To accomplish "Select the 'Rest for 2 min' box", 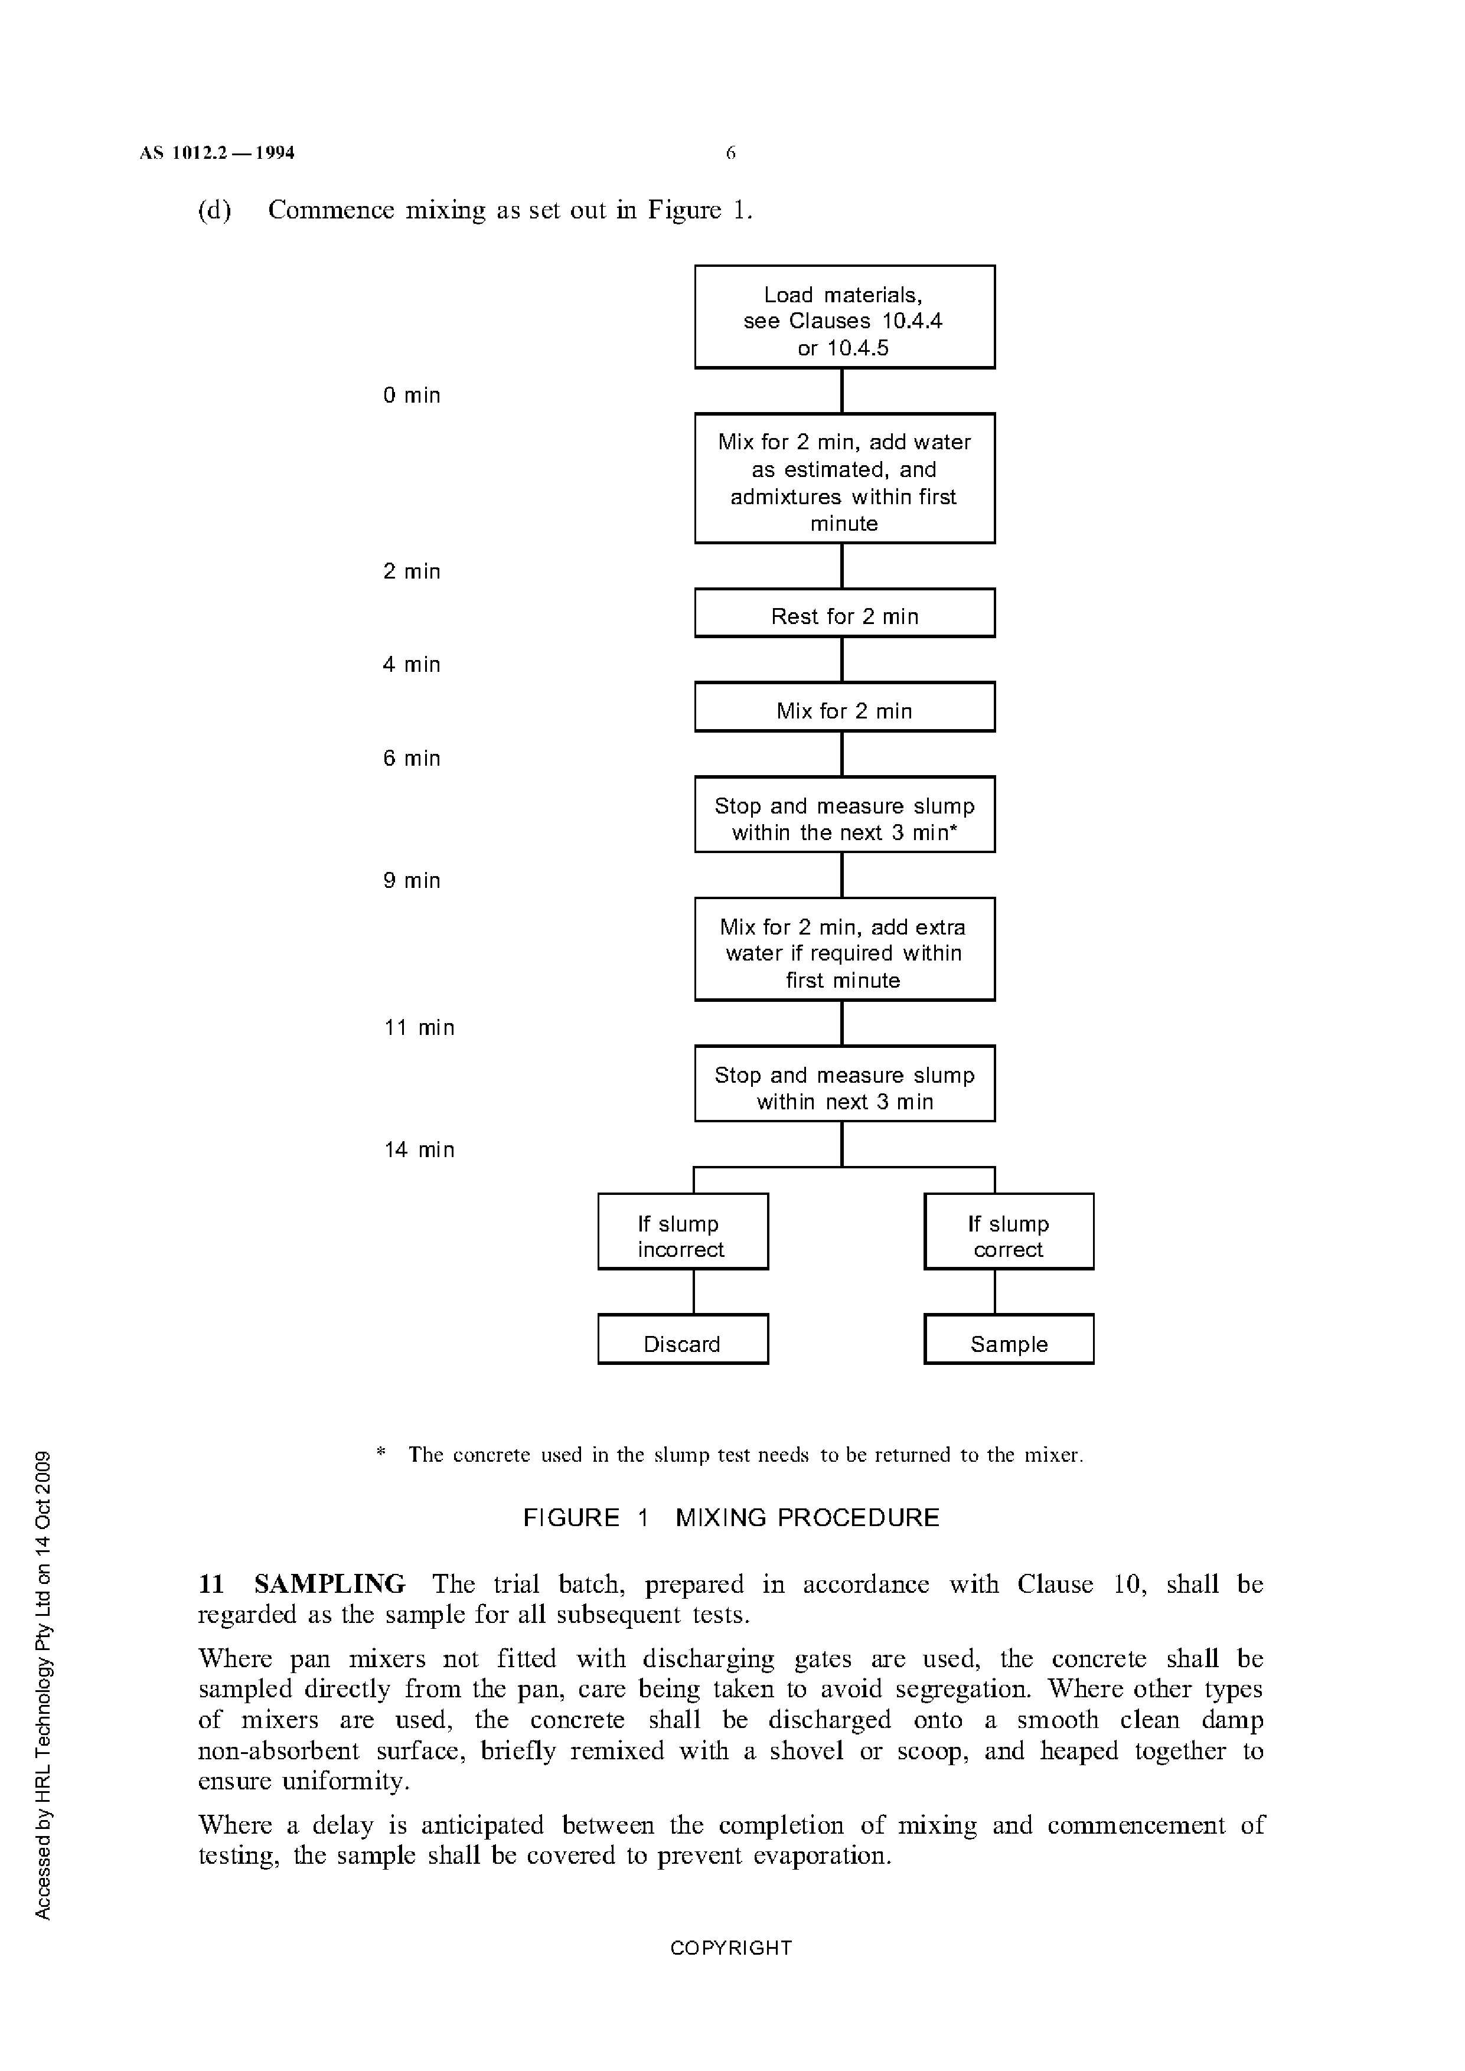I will pyautogui.click(x=844, y=613).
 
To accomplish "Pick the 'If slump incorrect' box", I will pyautogui.click(x=683, y=1232).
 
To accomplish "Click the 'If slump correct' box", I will pyautogui.click(x=1009, y=1232).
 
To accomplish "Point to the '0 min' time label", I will pyautogui.click(x=412, y=395).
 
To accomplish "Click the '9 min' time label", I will pyautogui.click(x=412, y=880).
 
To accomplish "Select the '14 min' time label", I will pyautogui.click(x=419, y=1149).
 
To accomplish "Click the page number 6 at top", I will pyautogui.click(x=730, y=153).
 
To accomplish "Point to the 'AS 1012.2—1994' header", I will pyautogui.click(x=217, y=153).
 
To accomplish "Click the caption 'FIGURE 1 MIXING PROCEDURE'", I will pyautogui.click(x=730, y=1517).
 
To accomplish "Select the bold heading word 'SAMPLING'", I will pyautogui.click(x=329, y=1585).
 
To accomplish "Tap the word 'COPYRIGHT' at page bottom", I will pyautogui.click(x=730, y=1948).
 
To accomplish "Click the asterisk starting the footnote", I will pyautogui.click(x=381, y=1452).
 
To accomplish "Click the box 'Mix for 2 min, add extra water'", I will pyautogui.click(x=844, y=949).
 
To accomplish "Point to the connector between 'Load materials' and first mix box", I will pyautogui.click(x=841, y=391).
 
